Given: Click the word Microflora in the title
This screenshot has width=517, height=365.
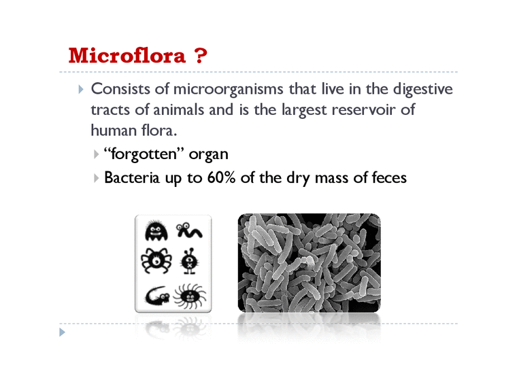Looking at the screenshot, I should (x=127, y=56).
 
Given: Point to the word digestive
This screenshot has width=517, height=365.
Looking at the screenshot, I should (x=419, y=90).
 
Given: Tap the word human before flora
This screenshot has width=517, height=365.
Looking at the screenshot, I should (x=112, y=130).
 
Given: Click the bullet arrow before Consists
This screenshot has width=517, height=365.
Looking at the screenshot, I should (x=81, y=90).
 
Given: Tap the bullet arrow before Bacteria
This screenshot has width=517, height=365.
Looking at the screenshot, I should (x=98, y=179).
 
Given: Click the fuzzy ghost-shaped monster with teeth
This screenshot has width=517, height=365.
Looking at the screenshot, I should (x=156, y=232).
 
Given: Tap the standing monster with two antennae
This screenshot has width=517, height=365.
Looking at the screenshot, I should (x=189, y=261).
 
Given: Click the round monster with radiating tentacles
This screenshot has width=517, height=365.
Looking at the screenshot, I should (x=190, y=296).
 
